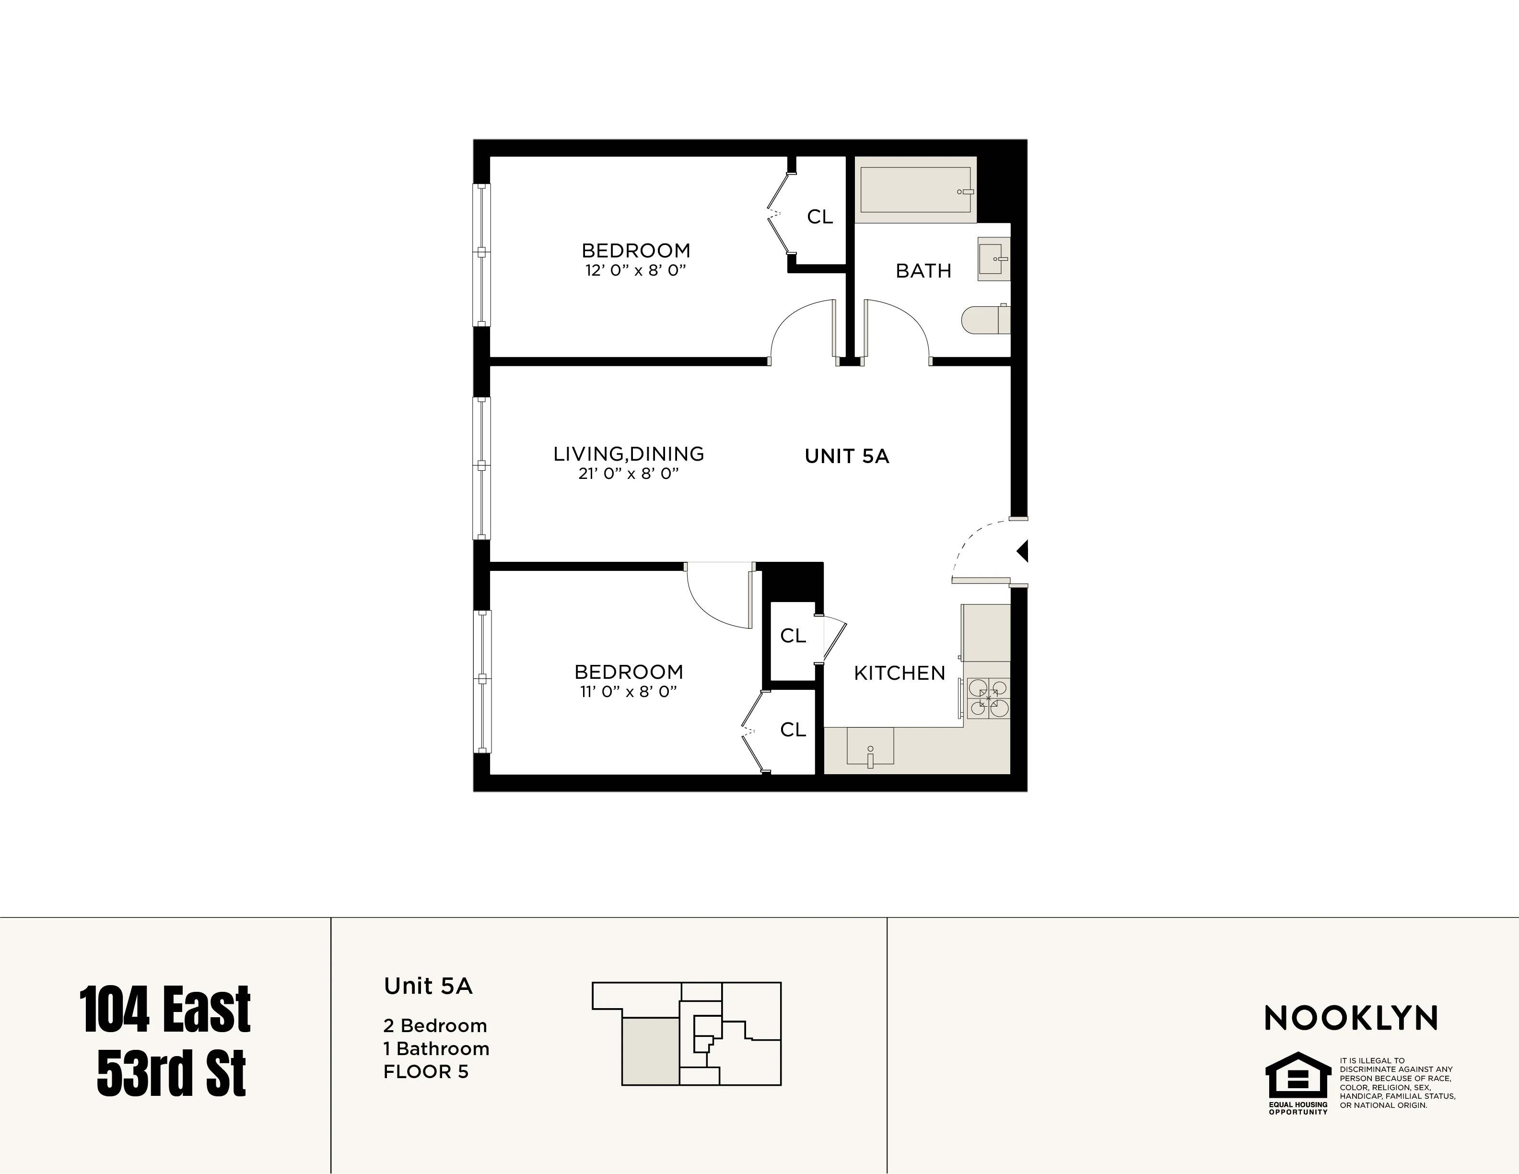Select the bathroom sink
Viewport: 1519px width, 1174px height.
(x=993, y=259)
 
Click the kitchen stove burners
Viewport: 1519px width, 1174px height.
(x=988, y=697)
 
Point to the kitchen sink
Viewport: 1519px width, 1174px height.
(x=869, y=748)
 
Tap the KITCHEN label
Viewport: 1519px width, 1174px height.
(x=900, y=673)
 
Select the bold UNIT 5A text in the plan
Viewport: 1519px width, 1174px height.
(x=846, y=456)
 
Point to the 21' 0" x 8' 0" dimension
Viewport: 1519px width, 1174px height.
(x=628, y=474)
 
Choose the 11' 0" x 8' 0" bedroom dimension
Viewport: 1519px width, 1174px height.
(x=628, y=691)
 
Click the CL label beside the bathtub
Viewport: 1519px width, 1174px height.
(x=819, y=217)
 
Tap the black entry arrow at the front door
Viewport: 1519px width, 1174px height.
(x=1022, y=552)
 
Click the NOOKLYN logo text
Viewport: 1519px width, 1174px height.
(x=1351, y=1019)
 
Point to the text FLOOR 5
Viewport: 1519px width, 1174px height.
(x=426, y=1072)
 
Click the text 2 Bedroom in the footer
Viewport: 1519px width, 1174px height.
(x=435, y=1026)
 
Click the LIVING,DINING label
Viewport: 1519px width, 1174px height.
(x=628, y=454)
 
